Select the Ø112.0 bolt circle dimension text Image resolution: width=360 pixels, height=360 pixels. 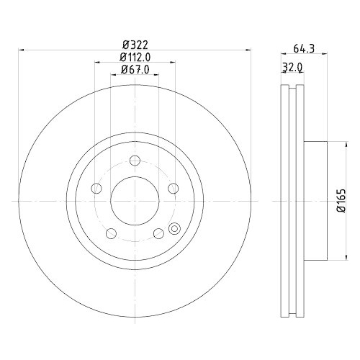tap(135, 57)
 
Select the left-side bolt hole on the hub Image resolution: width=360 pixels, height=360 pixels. tap(97, 189)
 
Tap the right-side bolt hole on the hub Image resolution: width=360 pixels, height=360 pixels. tap(173, 189)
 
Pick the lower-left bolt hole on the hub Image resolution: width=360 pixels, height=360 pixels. tap(112, 234)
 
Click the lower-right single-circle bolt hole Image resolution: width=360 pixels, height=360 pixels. tap(158, 234)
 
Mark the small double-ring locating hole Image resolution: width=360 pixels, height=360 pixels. tap(173, 229)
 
